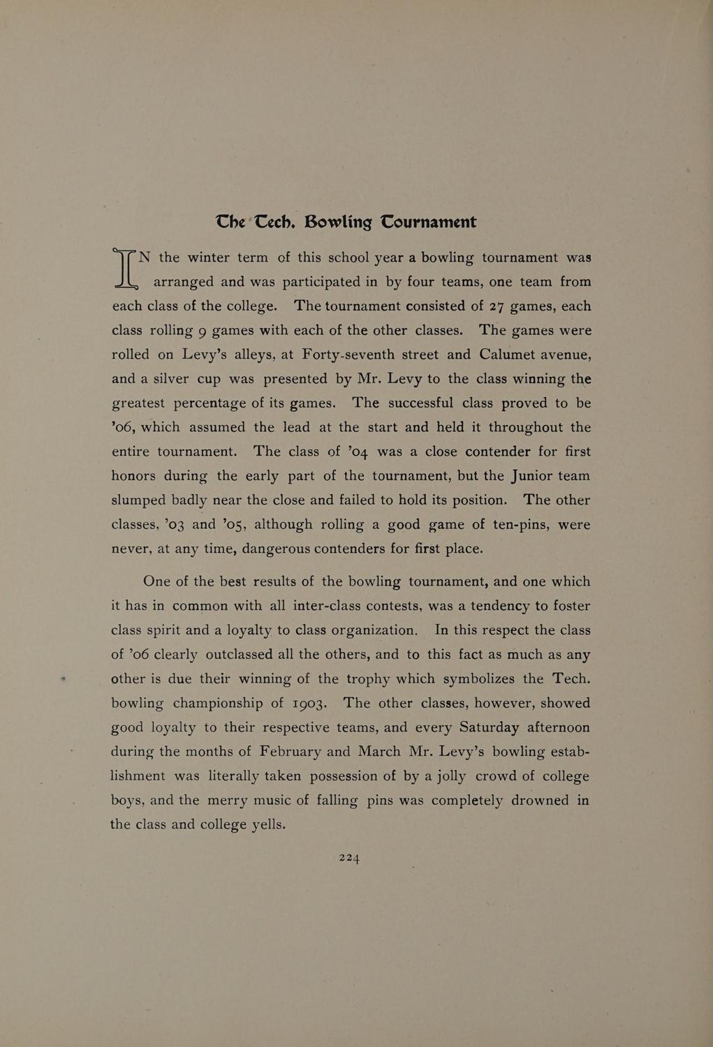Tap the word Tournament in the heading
pos(428,222)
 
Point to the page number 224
pos(349,858)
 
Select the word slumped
pos(139,500)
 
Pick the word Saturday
pos(489,727)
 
